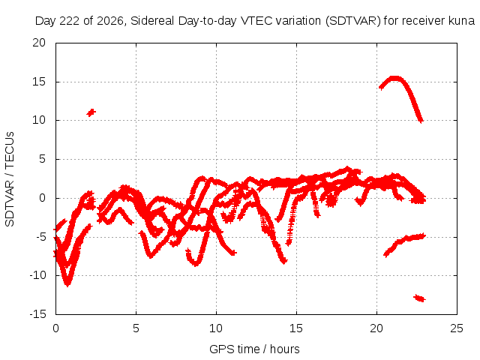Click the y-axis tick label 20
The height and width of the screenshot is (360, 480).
[x=39, y=43]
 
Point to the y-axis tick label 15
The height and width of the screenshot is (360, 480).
[x=39, y=82]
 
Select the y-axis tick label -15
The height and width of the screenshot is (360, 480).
[x=38, y=314]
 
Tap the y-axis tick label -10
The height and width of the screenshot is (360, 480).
[x=38, y=275]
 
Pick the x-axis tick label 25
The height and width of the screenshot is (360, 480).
[x=457, y=328]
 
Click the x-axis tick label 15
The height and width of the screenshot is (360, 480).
[x=296, y=328]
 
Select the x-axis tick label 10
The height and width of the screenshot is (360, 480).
[x=216, y=328]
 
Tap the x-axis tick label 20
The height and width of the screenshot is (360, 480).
[x=376, y=328]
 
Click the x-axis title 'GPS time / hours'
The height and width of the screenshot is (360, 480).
[x=254, y=349]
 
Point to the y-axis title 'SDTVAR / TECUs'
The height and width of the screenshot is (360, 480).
[x=10, y=179]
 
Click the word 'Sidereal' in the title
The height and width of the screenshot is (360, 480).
[x=152, y=21]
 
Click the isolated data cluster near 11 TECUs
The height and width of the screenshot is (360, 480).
[x=91, y=112]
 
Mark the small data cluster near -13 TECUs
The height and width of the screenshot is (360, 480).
[x=420, y=298]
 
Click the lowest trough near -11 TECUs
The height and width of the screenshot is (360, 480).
[x=67, y=284]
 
